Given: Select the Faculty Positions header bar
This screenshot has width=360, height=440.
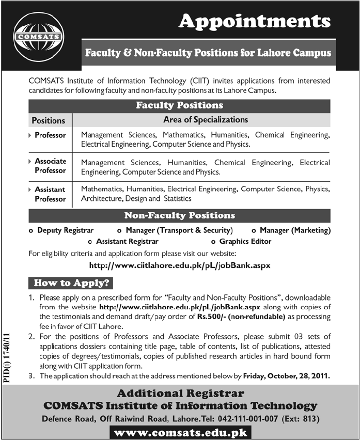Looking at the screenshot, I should pos(179,105).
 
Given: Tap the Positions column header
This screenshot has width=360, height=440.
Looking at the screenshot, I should pos(49,120).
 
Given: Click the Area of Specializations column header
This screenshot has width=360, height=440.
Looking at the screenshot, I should pos(206,120).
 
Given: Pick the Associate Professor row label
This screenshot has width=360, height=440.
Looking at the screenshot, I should pos(50,166).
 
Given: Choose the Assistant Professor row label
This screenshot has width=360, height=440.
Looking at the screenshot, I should pos(50,194).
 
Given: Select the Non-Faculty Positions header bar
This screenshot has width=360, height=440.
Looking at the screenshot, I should pos(179,215).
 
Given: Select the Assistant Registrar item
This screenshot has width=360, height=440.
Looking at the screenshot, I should pos(127,241).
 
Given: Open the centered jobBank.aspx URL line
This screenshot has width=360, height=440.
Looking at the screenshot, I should pos(180,265).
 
